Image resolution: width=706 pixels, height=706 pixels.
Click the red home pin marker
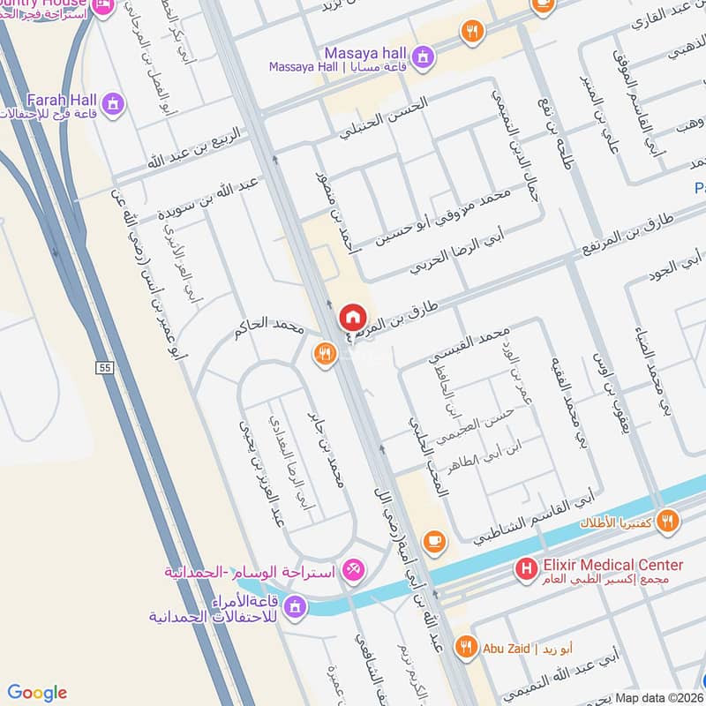click(x=351, y=316)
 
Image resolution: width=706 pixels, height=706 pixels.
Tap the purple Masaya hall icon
click(x=424, y=56)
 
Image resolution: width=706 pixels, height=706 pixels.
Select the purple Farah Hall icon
click(x=112, y=103)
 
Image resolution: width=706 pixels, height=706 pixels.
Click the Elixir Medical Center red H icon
click(x=527, y=570)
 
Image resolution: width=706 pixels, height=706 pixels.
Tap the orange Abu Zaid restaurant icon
click(x=465, y=648)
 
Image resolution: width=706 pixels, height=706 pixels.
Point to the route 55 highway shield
click(x=106, y=365)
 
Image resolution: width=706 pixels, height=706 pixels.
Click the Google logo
click(x=38, y=693)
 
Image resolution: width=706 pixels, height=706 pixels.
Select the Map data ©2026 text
click(x=658, y=697)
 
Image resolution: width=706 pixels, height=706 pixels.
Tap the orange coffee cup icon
click(x=432, y=539)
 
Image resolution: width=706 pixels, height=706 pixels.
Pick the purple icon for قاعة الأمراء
click(x=295, y=607)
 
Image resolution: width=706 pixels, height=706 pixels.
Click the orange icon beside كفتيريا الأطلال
click(x=668, y=522)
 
